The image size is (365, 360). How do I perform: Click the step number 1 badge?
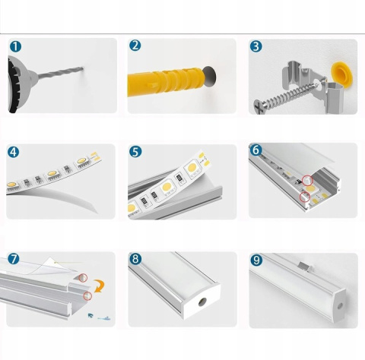15,46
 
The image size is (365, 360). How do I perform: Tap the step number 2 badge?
135,46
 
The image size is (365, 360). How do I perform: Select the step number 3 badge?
256,46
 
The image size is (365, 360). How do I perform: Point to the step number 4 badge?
13,152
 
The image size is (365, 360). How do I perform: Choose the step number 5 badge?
135,152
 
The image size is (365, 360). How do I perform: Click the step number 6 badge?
255,150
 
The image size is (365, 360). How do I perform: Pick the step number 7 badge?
14,259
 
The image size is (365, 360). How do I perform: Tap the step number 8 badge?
135,259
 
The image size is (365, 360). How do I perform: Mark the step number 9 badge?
256,260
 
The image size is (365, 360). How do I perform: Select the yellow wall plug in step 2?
166,81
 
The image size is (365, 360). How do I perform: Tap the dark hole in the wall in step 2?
209,77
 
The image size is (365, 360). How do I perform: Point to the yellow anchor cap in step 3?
341,74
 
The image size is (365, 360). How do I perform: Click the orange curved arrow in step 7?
99,286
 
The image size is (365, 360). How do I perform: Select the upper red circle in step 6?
307,181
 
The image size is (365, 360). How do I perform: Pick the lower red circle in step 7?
87,295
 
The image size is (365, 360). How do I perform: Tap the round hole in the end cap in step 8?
202,302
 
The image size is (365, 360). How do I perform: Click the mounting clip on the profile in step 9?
305,267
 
